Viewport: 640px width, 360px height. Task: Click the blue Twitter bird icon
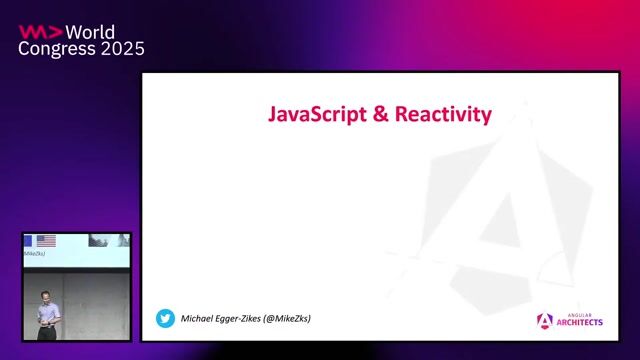[165, 318]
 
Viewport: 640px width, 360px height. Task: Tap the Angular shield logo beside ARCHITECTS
[545, 320]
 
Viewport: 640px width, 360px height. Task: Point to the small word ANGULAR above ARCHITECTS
[574, 315]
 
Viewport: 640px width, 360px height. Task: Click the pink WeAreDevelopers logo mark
[39, 31]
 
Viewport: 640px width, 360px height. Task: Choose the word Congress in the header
[56, 49]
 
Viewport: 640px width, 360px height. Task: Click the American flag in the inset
[46, 241]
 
